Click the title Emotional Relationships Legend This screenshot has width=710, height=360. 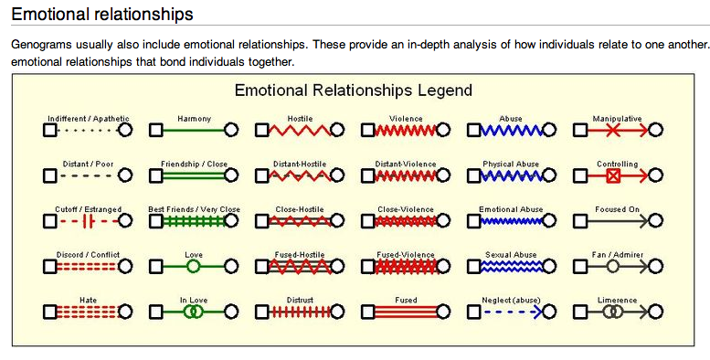353,90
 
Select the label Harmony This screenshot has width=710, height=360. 194,119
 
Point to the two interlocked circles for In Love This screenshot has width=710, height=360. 192,312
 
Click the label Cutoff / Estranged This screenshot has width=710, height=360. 89,209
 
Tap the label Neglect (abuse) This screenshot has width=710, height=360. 511,300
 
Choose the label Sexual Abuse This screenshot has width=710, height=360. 511,255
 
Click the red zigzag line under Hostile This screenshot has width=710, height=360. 299,130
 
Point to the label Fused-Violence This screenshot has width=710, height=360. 405,255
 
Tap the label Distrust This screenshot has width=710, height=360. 300,300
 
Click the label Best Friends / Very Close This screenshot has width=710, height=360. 194,209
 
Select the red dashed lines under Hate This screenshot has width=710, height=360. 87,312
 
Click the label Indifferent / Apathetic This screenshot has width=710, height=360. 89,119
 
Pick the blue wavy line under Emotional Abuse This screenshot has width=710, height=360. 511,221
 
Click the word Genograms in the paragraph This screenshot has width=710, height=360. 40,45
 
